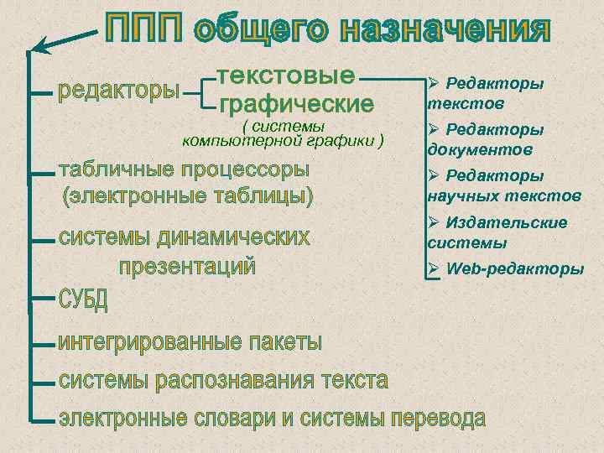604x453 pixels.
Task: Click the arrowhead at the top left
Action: click(38, 47)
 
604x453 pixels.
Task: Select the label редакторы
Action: click(118, 89)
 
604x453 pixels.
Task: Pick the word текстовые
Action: click(286, 75)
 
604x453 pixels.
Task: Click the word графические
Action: click(296, 106)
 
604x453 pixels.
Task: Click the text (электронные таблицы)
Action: click(187, 197)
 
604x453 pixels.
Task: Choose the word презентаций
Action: click(186, 268)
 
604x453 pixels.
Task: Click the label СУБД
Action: click(83, 301)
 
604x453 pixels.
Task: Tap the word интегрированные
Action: click(149, 342)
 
